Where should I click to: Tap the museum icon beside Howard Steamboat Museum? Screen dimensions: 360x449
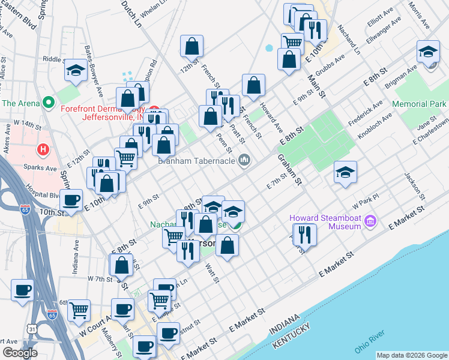[370, 222]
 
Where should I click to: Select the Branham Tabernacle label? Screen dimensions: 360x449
[196, 160]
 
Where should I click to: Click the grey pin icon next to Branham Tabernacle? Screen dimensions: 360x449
[244, 160]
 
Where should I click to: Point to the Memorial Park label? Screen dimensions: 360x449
[420, 104]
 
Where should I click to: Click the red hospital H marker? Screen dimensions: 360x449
[43, 148]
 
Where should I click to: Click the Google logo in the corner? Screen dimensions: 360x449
[20, 353]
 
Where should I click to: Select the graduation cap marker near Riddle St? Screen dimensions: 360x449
[76, 71]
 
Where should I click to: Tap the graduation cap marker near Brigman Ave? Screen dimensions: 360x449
[428, 52]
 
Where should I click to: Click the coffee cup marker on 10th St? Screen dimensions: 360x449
[71, 200]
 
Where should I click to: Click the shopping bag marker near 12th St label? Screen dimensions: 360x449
[191, 46]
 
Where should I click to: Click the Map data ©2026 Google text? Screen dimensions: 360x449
[412, 355]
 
